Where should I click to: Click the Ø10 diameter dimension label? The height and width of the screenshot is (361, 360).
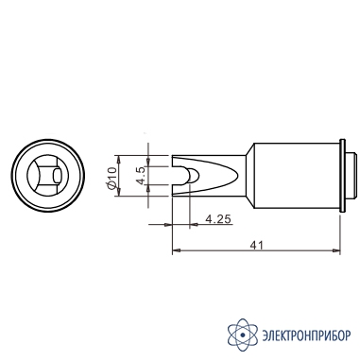click(112, 179)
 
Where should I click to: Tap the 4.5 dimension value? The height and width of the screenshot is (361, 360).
click(141, 176)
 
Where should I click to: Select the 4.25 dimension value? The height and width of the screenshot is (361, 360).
click(218, 218)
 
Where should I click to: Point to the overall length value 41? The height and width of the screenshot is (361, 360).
click(256, 245)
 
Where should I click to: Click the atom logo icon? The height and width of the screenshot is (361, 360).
click(243, 335)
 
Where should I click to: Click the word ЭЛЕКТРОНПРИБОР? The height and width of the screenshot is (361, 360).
click(306, 335)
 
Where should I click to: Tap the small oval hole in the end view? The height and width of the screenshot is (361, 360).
click(57, 175)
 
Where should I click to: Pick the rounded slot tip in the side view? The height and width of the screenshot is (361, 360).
click(193, 176)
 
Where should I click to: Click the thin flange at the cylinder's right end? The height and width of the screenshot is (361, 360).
click(343, 176)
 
